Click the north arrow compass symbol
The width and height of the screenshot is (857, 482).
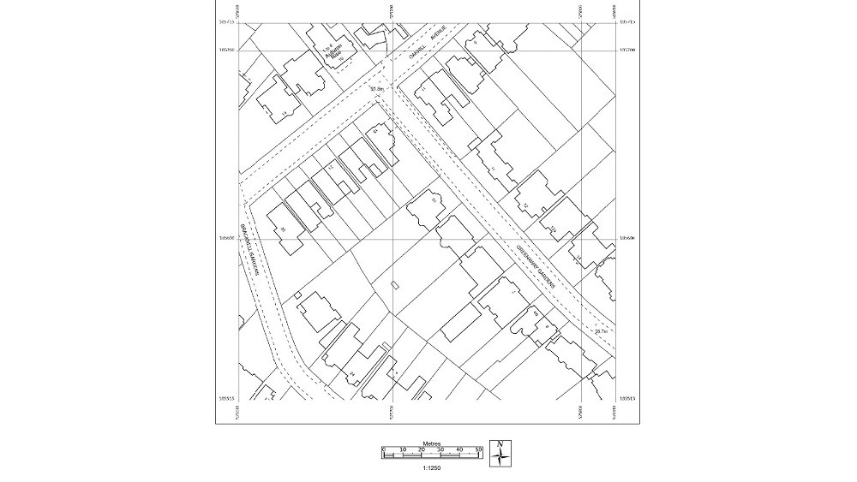(x=500, y=453)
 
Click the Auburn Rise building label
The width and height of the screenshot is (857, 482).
(x=335, y=52)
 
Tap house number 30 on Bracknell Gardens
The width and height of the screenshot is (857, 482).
(x=283, y=229)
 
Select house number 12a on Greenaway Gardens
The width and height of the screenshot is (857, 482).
(x=554, y=229)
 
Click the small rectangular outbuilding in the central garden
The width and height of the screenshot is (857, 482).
(x=394, y=284)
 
